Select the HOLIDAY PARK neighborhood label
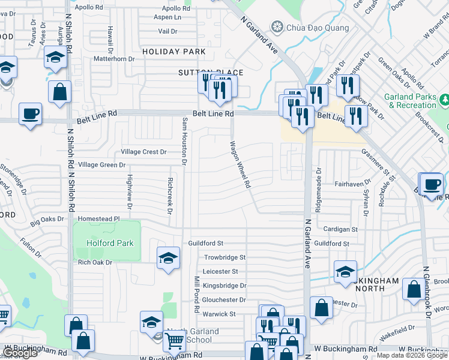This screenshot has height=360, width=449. click(174, 52)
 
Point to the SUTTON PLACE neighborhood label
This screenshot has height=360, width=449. click(204, 72)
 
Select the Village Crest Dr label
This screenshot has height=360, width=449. click(143, 152)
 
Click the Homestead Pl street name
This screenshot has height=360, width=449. click(95, 219)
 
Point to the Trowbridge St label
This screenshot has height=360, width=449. click(224, 257)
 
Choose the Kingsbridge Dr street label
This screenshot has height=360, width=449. click(224, 286)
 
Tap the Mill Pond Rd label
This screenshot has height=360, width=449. click(196, 294)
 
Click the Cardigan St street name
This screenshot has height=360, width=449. click(340, 229)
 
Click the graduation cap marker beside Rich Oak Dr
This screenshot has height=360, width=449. click(169, 258)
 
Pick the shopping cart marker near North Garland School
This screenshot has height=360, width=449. click(174, 341)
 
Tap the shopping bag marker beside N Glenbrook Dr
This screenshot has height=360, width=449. click(414, 289)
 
